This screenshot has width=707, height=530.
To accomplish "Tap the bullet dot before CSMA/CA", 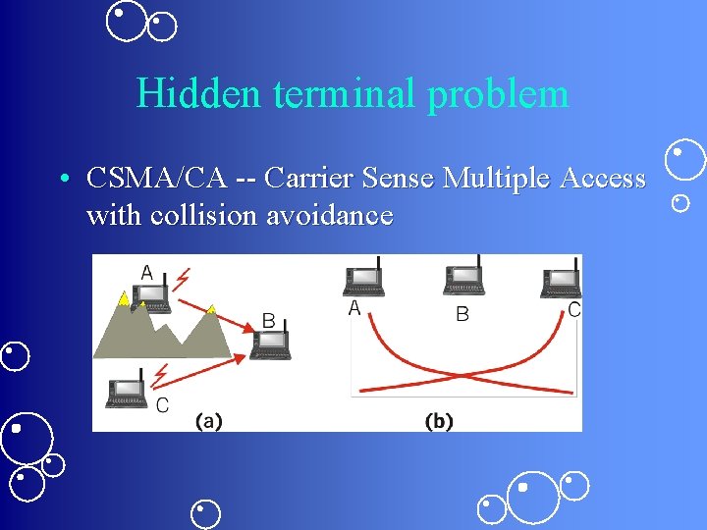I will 62,180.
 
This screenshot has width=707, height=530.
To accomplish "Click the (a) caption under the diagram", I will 208,421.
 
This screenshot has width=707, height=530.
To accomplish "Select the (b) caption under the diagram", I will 438,421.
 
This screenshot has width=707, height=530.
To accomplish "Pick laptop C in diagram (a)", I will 128,391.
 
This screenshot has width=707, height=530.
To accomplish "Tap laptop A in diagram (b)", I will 363,279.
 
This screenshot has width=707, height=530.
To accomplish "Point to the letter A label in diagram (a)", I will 147,272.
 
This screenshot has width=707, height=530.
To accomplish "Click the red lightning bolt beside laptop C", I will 162,374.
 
